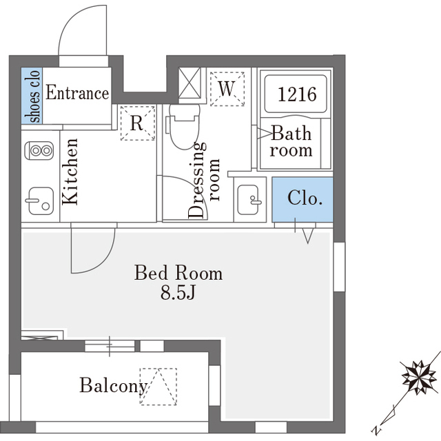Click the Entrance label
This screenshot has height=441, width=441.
click(77, 92)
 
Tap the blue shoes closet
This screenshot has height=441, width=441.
click(32, 96)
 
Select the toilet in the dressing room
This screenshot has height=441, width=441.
click(184, 127)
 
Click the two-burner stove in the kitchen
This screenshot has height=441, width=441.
click(39, 151)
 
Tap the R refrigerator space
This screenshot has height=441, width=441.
click(138, 123)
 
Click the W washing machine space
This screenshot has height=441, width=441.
click(227, 89)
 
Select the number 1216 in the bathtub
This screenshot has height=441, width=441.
click(297, 94)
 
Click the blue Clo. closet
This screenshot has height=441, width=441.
click(302, 199)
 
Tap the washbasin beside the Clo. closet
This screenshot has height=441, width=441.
click(249, 200)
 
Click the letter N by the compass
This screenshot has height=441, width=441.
click(376, 430)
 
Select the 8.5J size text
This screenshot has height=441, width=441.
click(178, 294)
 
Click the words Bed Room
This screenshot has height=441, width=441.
click(178, 272)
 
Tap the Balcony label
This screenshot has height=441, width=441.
click(114, 386)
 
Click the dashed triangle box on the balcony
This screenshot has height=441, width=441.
click(158, 387)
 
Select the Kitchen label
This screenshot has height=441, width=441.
click(70, 172)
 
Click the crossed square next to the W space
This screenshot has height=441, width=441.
click(190, 83)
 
